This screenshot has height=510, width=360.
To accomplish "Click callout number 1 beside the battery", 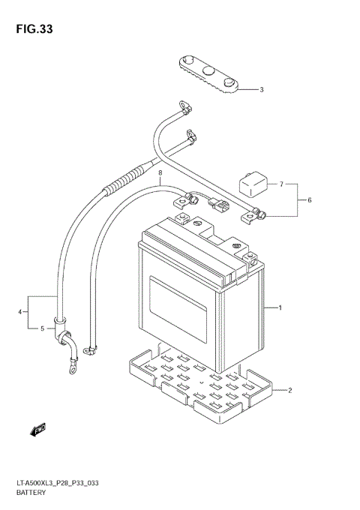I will pos(279,308).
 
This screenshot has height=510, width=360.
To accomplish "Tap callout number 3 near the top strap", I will pos(20,312).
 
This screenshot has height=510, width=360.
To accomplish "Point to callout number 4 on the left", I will pos(43,328).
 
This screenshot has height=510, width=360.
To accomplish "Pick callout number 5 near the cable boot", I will pos(308,199).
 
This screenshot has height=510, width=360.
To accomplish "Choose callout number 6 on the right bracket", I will pos(281,184).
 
